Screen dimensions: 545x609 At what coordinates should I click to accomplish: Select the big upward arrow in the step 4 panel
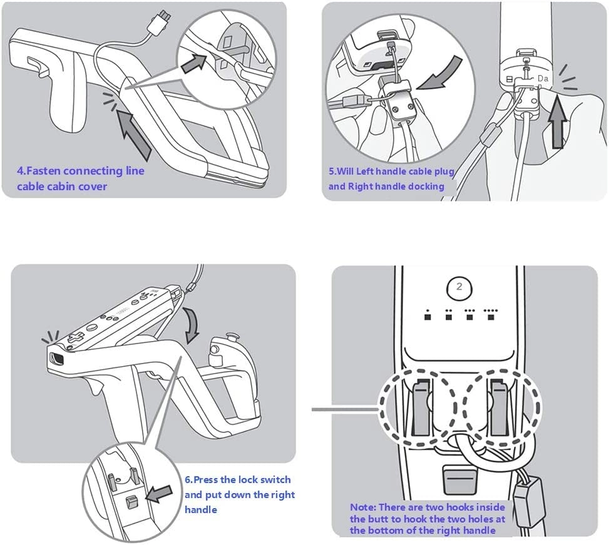point(134,133)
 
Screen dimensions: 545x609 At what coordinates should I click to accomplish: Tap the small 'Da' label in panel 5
point(543,79)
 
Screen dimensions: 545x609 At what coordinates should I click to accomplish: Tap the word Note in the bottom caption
point(362,507)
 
